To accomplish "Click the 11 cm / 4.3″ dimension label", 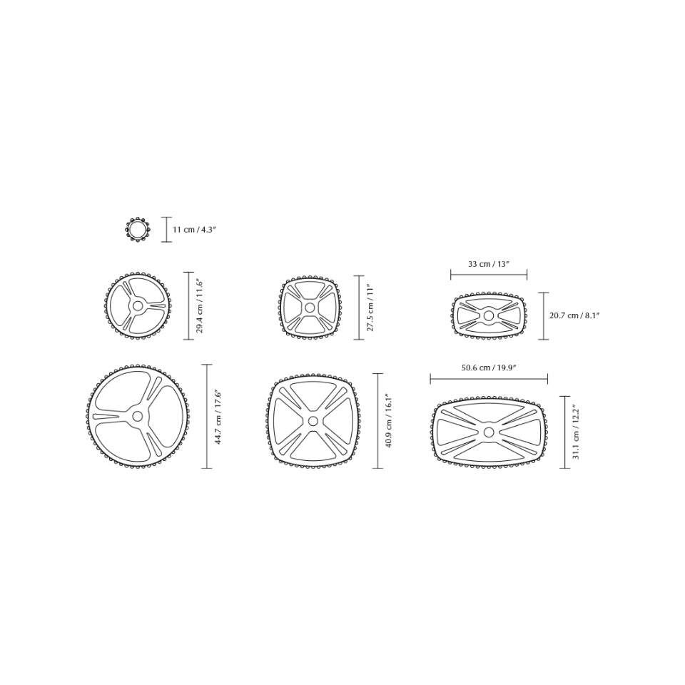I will pos(194,230).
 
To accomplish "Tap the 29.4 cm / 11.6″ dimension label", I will pos(201,306).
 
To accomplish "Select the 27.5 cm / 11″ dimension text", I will pos(370,308).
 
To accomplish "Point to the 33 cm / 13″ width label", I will pos(489,264).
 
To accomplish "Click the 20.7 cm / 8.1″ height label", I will pos(574,315).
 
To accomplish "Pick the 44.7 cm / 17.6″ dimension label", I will pos(219,417).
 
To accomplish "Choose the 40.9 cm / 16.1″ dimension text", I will pos(389,421).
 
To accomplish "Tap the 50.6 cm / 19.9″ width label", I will pos(489,368).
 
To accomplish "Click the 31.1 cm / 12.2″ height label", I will pos(576,432).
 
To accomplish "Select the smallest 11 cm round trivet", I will pos(138,230).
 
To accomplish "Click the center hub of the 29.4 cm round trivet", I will pos(138,305).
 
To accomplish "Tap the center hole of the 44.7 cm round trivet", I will pos(138,416).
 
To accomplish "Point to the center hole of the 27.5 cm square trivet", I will pos(310,308).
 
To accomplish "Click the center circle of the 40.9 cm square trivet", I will pos(313,421).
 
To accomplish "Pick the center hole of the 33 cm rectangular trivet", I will pos(489,315).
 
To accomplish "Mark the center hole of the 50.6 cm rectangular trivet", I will pos(489,432).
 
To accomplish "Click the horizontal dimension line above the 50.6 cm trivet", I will pos(489,380).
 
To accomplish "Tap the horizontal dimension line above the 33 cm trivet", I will pos(489,275).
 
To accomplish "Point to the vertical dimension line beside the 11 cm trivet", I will pos(166,230).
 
